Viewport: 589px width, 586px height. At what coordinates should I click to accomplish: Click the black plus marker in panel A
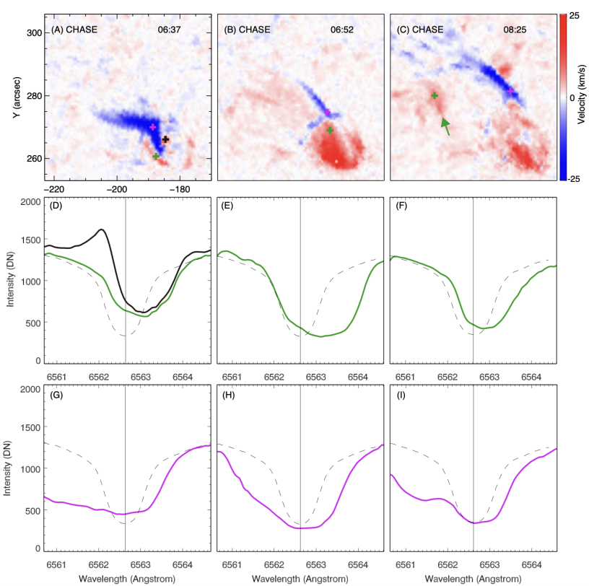(x=165, y=139)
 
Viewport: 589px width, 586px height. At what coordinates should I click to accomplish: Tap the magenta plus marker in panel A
(x=152, y=127)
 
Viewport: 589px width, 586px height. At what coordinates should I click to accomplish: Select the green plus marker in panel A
(x=156, y=156)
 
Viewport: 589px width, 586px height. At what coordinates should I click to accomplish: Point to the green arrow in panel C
(x=445, y=127)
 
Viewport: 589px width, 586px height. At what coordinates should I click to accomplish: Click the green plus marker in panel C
(x=435, y=95)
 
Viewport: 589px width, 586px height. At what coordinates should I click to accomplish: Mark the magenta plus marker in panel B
(x=327, y=113)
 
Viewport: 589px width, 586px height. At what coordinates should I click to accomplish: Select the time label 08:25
(x=515, y=30)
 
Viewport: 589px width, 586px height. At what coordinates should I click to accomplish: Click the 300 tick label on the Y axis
(x=33, y=33)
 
